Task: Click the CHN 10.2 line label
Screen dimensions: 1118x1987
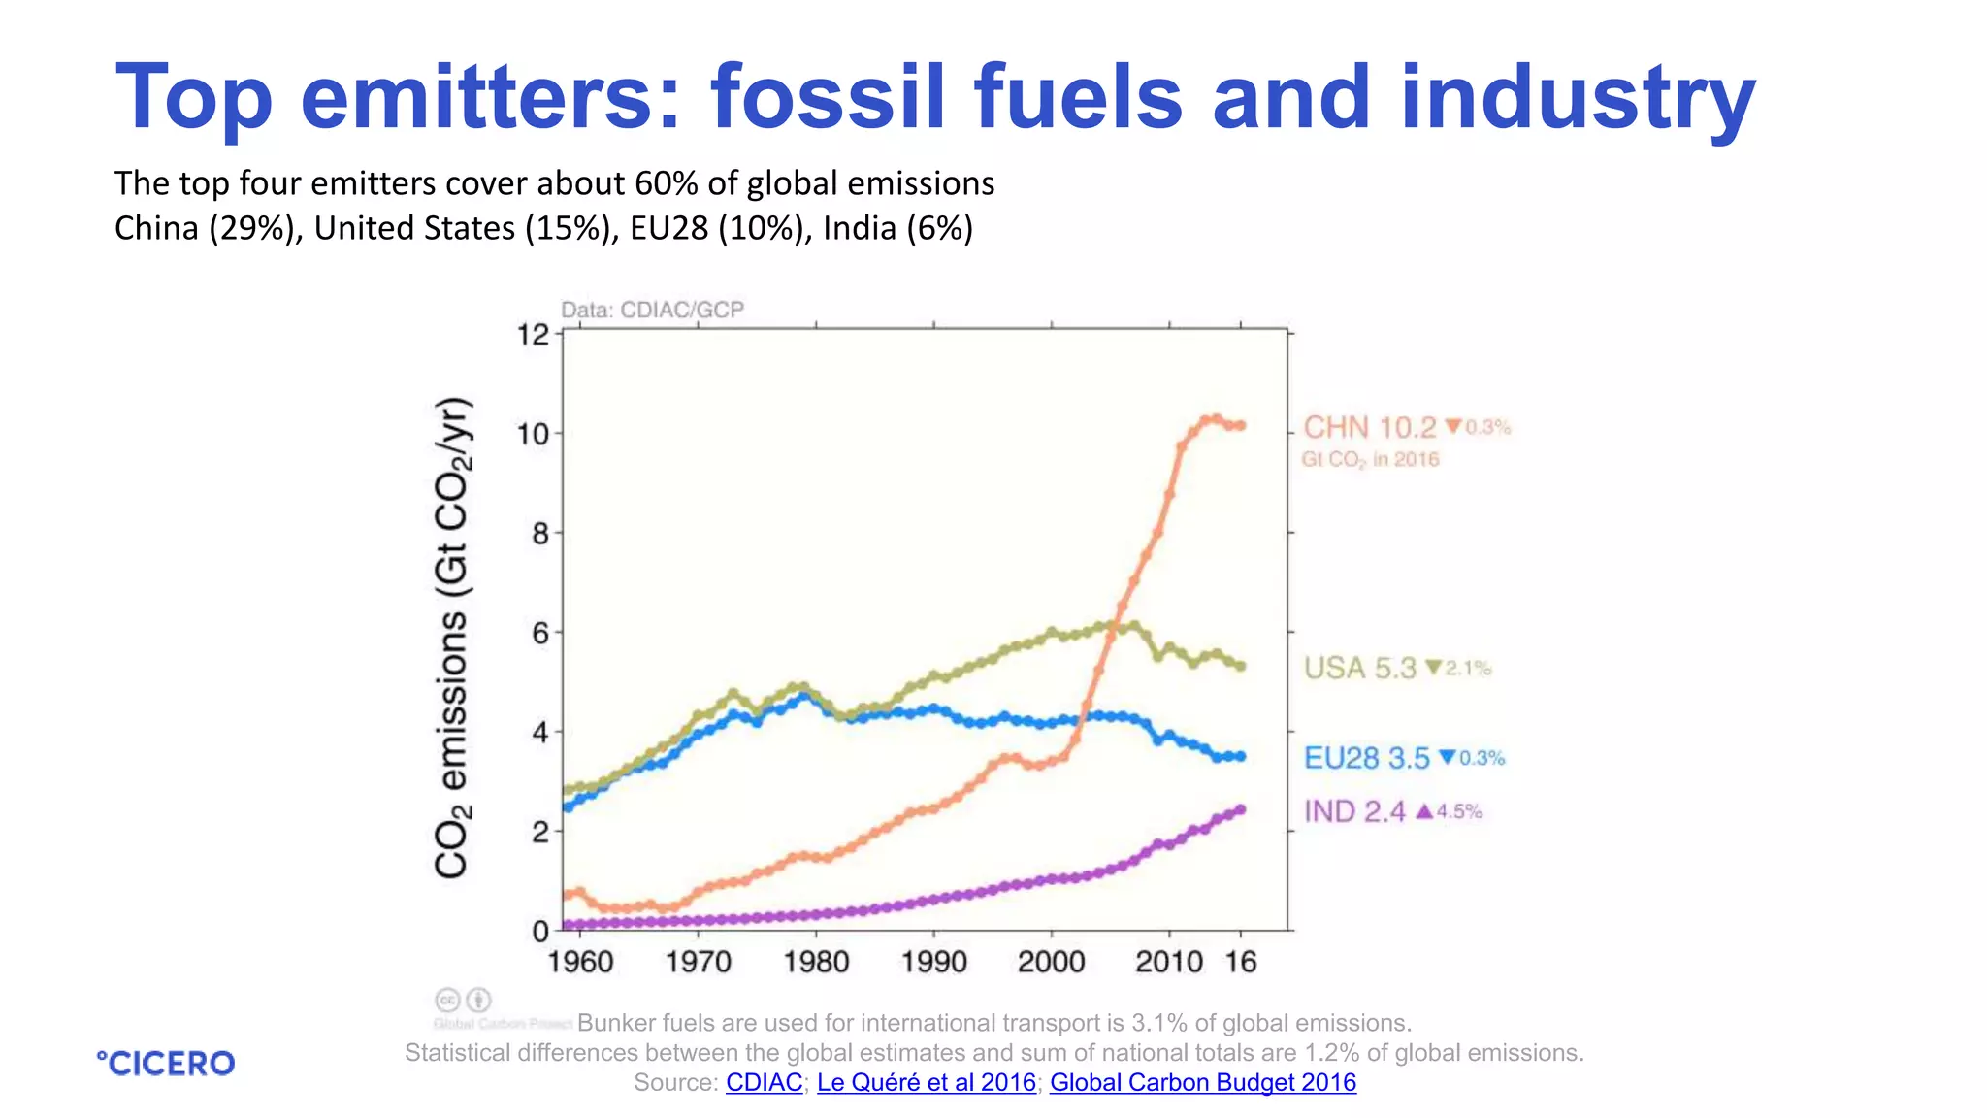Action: (1369, 428)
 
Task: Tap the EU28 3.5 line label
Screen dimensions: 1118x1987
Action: (1366, 758)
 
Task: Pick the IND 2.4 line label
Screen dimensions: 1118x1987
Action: (1354, 811)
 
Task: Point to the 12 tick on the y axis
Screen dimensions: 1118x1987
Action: (533, 336)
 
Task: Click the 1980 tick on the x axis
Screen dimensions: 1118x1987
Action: (816, 962)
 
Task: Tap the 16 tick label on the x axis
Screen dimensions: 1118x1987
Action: (1241, 962)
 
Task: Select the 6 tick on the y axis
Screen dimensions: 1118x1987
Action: (540, 634)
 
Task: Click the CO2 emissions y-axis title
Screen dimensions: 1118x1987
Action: (452, 638)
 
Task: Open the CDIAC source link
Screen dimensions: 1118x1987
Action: (764, 1083)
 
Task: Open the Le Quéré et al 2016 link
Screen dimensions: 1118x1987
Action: (926, 1083)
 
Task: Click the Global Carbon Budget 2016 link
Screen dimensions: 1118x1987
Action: (1202, 1083)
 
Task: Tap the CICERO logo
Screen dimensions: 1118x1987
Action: (166, 1064)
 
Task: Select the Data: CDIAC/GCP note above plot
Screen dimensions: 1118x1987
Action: (652, 310)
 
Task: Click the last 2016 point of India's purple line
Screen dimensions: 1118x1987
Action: (1240, 809)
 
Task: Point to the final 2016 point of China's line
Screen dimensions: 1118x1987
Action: (1240, 425)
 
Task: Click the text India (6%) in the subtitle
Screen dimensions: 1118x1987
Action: (897, 228)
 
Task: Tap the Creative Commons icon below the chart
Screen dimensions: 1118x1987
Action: (448, 1000)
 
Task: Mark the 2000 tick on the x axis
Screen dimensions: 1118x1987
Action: (1051, 962)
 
